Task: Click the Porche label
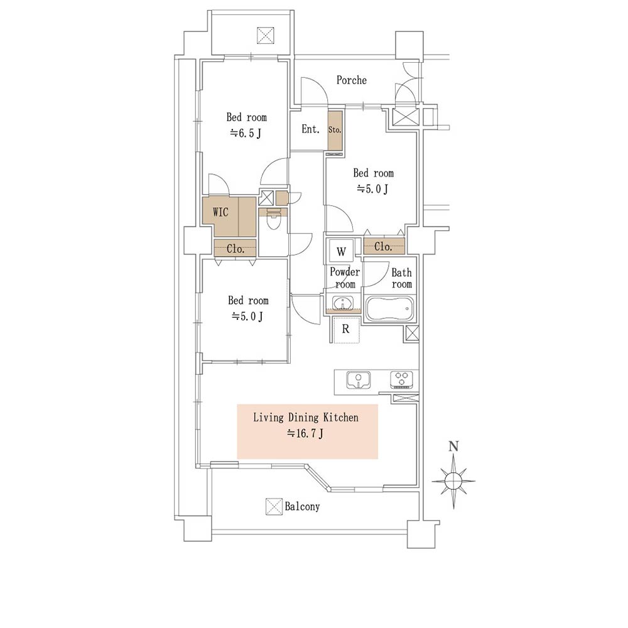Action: click(x=351, y=80)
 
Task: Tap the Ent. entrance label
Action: click(x=310, y=129)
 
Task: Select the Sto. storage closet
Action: click(x=335, y=131)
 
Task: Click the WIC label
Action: click(x=220, y=212)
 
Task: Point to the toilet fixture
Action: click(x=274, y=220)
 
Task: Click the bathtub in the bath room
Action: click(x=390, y=308)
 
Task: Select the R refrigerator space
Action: click(x=345, y=329)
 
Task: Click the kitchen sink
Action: click(x=359, y=380)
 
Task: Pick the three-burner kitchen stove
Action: click(x=402, y=380)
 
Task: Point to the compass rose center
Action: click(x=453, y=480)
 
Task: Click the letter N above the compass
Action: click(x=453, y=447)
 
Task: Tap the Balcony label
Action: click(x=303, y=507)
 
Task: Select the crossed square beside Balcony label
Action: click(x=274, y=507)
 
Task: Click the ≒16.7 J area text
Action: click(x=305, y=433)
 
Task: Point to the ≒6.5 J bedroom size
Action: click(x=246, y=133)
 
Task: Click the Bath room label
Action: click(x=402, y=278)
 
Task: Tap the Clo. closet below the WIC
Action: click(x=235, y=249)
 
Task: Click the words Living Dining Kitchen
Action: click(x=306, y=418)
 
